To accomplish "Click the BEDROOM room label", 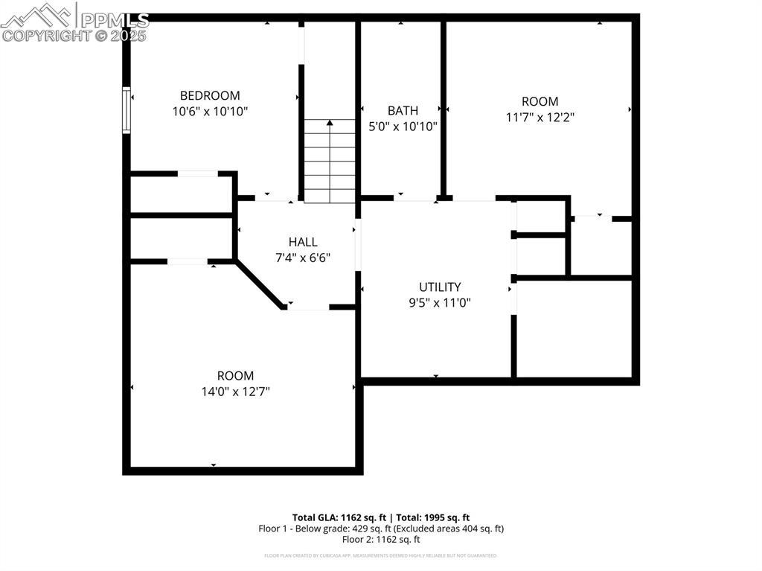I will (210, 95).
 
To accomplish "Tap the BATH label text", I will (403, 110).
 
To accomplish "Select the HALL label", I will (303, 242).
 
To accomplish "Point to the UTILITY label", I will (440, 287).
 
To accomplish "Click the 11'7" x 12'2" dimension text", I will (540, 118).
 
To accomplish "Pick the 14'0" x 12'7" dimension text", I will (235, 392).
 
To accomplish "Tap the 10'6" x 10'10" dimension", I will (210, 112).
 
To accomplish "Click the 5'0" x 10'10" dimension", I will (403, 127).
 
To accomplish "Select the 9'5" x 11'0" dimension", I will (440, 303).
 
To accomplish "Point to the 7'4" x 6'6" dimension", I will (303, 258).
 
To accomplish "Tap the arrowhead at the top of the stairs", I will (330, 121).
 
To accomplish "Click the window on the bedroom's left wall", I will (127, 110).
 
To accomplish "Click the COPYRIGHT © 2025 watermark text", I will (74, 35).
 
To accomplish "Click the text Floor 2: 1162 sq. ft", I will (381, 540).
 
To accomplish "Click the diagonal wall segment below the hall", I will (260, 284).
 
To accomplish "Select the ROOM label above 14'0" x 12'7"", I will (235, 376).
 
